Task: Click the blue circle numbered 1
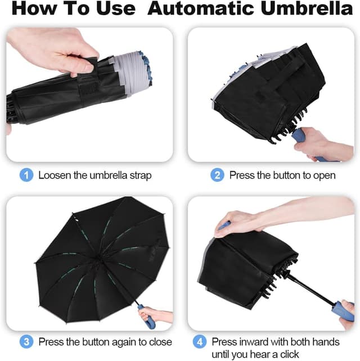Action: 26,175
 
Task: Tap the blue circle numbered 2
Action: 217,175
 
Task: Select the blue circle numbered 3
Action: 26,341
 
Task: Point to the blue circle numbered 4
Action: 200,341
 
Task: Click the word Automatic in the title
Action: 201,8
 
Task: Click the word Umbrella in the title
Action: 307,8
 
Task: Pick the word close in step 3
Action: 160,342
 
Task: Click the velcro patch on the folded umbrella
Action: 88,89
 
